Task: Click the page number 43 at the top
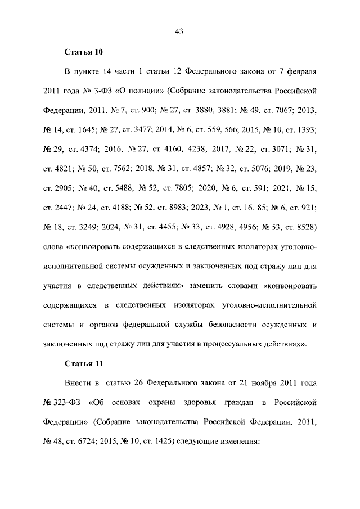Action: (179, 31)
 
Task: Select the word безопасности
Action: (242, 325)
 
